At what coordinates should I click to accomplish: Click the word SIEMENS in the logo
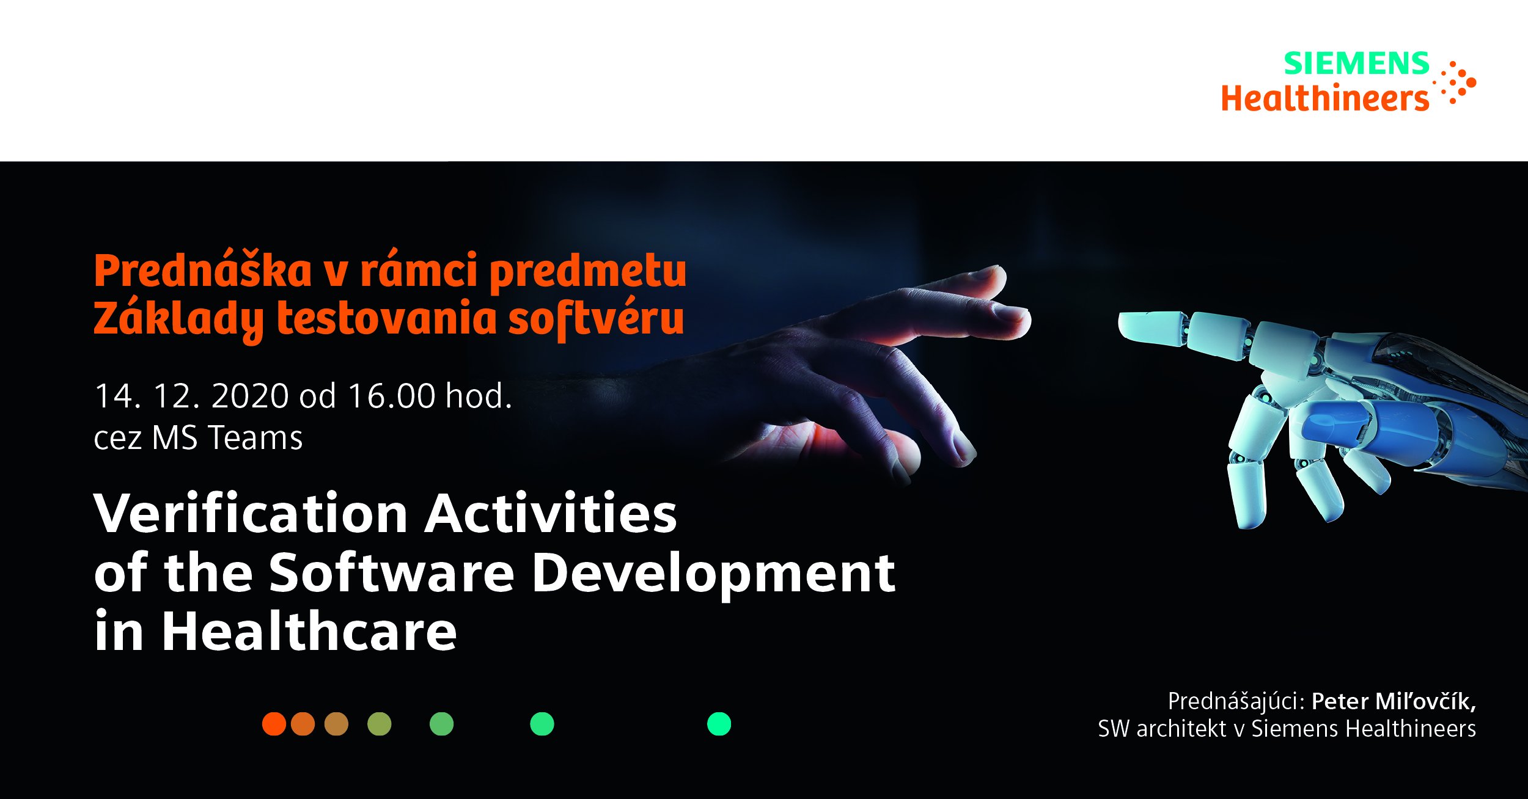[1356, 64]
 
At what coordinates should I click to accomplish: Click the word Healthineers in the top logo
[1325, 98]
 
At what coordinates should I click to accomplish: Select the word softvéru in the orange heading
[596, 319]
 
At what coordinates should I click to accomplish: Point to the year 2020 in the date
[250, 396]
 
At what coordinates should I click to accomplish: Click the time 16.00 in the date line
[391, 396]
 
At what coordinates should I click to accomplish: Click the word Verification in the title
[251, 513]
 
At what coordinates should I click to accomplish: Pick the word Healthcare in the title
[309, 631]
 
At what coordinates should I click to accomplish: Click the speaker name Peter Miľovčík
[1394, 701]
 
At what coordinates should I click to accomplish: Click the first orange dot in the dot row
[274, 724]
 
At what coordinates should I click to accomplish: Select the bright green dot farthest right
[719, 724]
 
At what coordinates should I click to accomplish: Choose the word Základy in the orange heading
[178, 319]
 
